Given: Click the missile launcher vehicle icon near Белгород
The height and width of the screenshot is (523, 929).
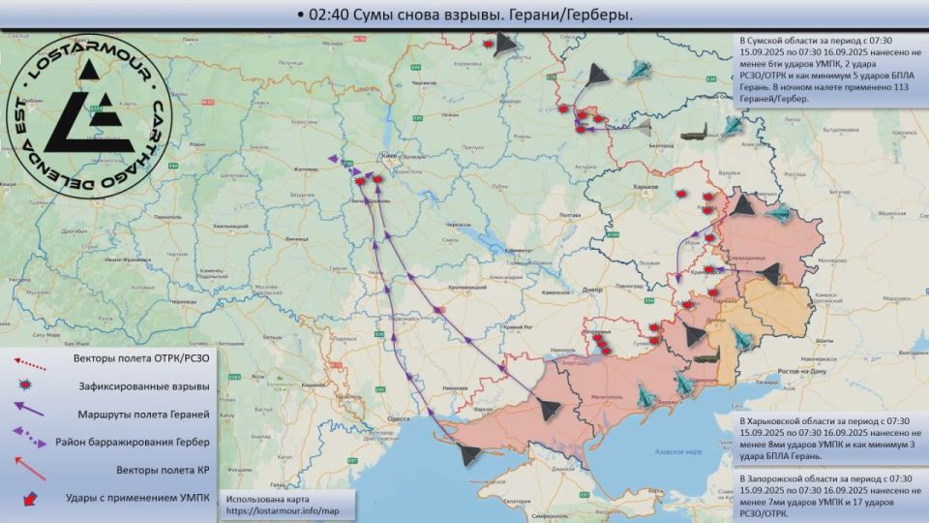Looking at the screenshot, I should tap(694, 136).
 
